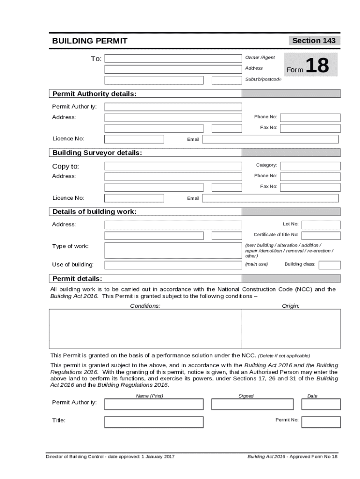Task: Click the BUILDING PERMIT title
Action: (89, 41)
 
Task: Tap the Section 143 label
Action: (314, 41)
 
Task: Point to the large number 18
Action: (317, 66)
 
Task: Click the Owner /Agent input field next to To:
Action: (173, 58)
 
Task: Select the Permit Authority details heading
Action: (94, 94)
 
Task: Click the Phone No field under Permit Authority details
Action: (310, 117)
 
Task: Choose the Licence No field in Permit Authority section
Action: (134, 139)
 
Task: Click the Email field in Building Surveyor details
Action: (270, 198)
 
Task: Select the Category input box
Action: (310, 166)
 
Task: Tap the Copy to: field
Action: (173, 166)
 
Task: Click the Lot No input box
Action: (322, 225)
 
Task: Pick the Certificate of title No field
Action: (322, 235)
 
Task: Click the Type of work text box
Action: (173, 250)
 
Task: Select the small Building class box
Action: (329, 265)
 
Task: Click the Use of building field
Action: (173, 265)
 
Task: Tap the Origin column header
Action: (290, 306)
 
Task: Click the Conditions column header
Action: (145, 306)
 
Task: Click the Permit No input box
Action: (321, 422)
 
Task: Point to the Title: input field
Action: (154, 422)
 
